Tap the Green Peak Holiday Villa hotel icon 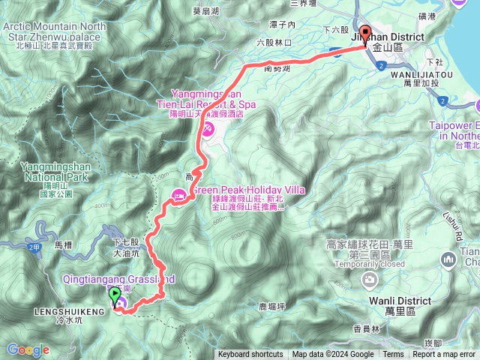click(179, 195)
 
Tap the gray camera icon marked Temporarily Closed click(370, 280)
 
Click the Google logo click(28, 349)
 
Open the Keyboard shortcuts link click(250, 355)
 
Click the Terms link click(393, 355)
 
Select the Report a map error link click(444, 355)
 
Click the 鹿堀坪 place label click(272, 306)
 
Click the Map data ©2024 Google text click(333, 355)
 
